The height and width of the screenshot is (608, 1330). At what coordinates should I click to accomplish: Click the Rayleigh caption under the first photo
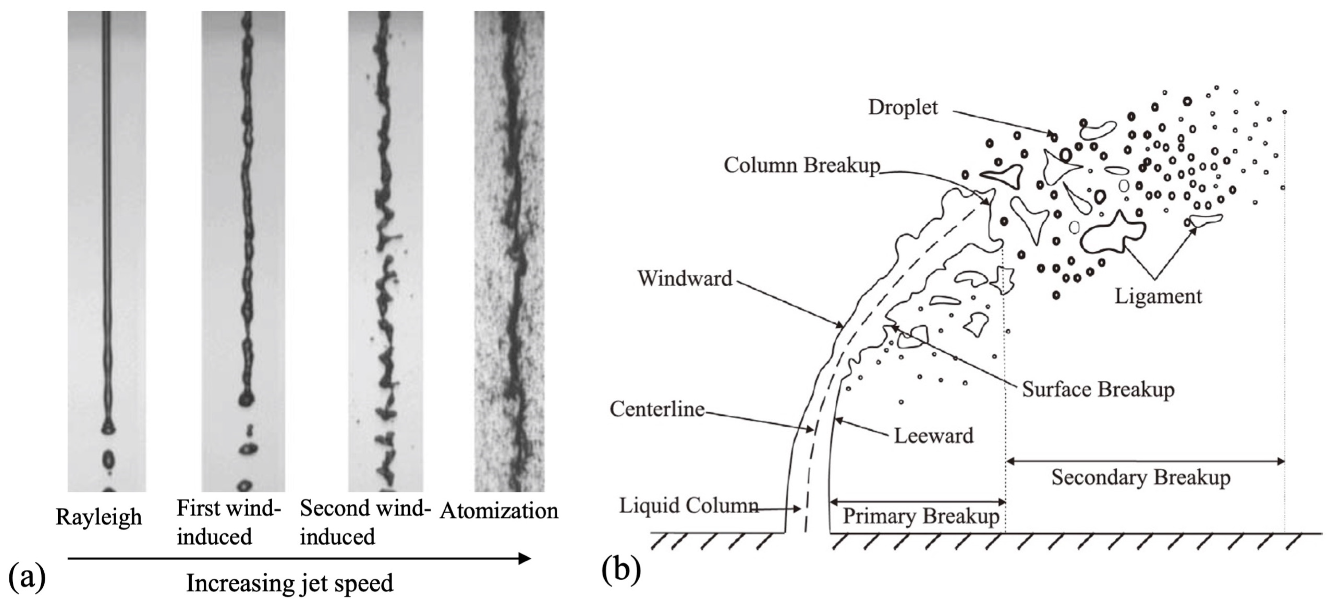click(x=99, y=517)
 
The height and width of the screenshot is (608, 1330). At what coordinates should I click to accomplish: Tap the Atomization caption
click(x=499, y=511)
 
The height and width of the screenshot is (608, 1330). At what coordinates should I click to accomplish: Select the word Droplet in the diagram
click(x=902, y=107)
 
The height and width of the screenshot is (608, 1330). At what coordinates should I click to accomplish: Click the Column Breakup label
click(x=801, y=165)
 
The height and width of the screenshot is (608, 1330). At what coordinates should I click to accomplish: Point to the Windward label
click(x=684, y=278)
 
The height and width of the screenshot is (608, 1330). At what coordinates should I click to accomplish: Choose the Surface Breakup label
click(x=1098, y=389)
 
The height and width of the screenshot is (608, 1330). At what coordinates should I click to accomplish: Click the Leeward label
click(x=933, y=436)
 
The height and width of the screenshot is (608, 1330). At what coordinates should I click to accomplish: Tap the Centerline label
click(x=657, y=409)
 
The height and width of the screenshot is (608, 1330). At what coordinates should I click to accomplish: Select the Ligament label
click(x=1158, y=296)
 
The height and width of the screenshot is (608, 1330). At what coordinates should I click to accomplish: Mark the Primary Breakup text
click(x=921, y=516)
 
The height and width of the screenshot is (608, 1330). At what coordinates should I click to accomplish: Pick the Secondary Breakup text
click(x=1140, y=478)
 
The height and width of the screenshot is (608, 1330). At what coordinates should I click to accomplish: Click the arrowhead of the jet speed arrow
click(x=526, y=558)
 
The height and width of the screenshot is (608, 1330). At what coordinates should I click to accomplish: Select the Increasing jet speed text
click(x=290, y=583)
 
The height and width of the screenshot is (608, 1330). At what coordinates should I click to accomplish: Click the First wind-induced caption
click(x=228, y=522)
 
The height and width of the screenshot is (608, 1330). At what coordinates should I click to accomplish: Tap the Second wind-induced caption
click(x=364, y=522)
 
